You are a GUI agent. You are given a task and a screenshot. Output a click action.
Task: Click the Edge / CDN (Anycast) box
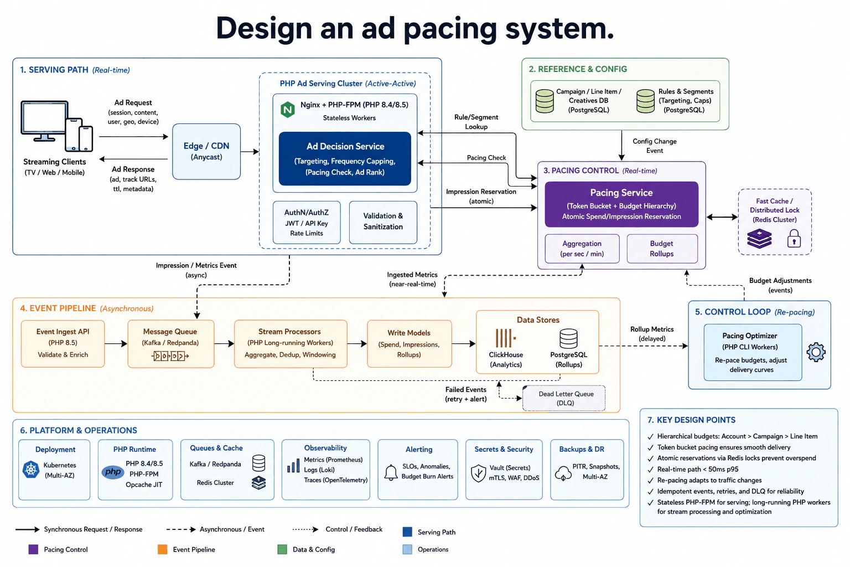tap(206, 151)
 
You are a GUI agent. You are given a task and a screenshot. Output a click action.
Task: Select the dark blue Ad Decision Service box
tap(345, 159)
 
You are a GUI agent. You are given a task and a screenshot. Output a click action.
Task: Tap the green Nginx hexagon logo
tap(288, 110)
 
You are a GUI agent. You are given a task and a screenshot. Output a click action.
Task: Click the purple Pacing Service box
tap(621, 204)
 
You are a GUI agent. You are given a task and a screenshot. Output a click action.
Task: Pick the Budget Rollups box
tap(662, 249)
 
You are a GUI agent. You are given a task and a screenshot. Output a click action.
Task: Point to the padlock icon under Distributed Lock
tap(794, 239)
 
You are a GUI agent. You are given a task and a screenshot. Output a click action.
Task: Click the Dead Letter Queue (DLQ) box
tap(564, 398)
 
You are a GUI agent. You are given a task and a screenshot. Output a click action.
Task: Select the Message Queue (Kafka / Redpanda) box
tap(171, 344)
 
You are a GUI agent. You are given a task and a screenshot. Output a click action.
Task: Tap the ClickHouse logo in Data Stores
tap(505, 338)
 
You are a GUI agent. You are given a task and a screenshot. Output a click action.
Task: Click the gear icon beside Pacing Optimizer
tap(816, 352)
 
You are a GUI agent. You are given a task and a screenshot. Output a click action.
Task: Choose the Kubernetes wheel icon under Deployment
tap(31, 470)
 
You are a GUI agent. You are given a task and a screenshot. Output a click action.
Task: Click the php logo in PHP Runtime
tap(113, 472)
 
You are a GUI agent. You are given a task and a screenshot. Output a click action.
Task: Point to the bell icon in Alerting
tap(391, 472)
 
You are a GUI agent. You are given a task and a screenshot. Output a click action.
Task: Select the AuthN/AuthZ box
tap(307, 223)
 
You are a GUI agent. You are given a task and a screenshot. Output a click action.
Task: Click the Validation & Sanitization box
tap(383, 223)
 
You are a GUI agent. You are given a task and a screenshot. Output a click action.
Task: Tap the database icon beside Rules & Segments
tap(645, 101)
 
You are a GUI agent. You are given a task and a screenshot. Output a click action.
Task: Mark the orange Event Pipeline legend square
tap(162, 549)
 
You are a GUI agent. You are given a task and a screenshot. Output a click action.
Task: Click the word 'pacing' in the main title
tap(450, 29)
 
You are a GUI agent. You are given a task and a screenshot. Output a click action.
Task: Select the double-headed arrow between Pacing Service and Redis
tap(722, 217)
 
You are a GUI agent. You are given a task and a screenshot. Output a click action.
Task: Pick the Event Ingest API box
tap(63, 343)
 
